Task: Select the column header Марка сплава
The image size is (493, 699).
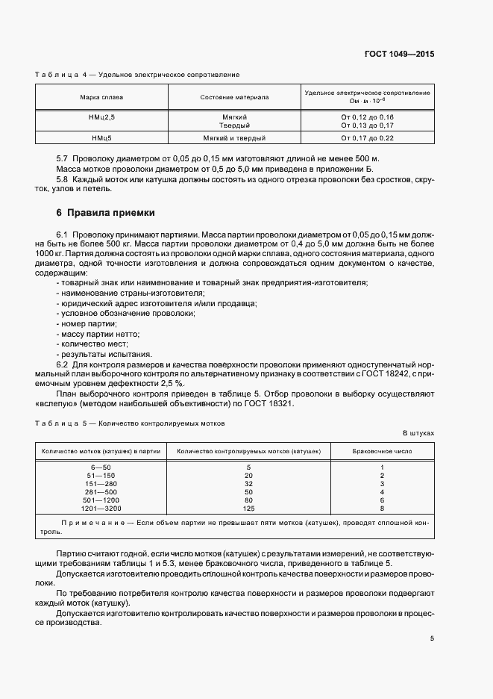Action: tap(102, 97)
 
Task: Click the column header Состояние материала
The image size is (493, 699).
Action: tap(235, 97)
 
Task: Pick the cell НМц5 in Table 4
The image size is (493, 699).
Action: tap(102, 138)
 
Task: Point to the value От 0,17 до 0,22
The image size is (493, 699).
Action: tap(367, 138)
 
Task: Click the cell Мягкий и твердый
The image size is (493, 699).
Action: tap(235, 138)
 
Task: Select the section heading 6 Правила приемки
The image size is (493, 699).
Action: tap(107, 212)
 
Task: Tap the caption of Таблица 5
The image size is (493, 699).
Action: tap(131, 423)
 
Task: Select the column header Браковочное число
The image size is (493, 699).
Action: tap(381, 451)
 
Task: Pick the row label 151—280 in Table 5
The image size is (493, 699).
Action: tap(102, 484)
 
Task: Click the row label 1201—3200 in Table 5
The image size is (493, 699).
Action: tap(102, 508)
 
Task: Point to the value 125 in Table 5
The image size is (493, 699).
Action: tap(249, 508)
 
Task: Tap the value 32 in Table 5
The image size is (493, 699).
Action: tap(249, 484)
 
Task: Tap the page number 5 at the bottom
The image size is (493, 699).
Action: tap(432, 638)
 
